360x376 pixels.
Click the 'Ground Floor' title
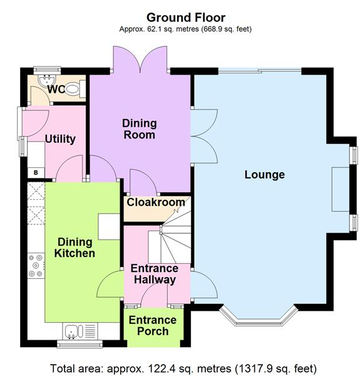tap(186, 17)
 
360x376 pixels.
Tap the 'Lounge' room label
tap(264, 175)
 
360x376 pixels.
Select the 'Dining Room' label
tap(139, 129)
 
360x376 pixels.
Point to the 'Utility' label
tap(60, 139)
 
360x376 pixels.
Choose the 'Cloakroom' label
tap(156, 202)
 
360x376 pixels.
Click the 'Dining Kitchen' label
tap(76, 248)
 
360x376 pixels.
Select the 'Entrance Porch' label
tap(153, 325)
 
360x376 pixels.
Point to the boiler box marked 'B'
tap(35, 172)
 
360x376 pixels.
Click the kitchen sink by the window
tap(73, 330)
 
